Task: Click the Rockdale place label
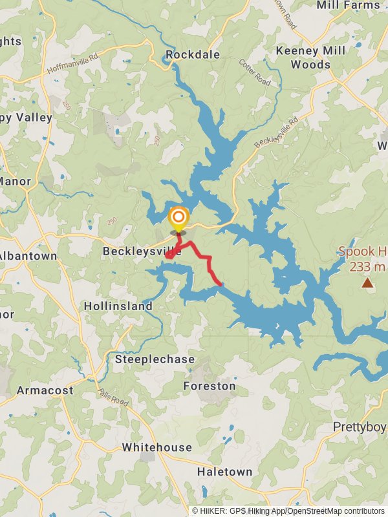point(193,55)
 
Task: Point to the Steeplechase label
point(155,359)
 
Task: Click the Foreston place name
point(210,386)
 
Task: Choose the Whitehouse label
point(157,447)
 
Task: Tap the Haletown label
point(224,472)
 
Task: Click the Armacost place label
point(45,390)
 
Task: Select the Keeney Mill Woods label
point(310,57)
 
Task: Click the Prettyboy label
point(360,427)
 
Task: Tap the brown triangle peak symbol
point(367,282)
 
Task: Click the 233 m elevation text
point(367,266)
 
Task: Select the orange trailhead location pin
point(178,217)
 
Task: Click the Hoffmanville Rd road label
point(72,63)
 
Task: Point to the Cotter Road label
point(255,72)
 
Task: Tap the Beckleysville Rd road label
point(276,131)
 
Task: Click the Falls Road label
point(114,397)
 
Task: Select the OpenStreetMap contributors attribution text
point(336,511)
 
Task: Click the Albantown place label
point(27,256)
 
